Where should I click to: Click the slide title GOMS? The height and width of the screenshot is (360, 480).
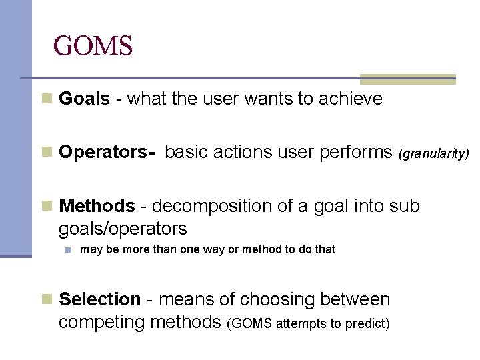(x=93, y=46)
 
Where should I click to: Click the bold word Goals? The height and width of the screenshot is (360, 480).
(x=84, y=99)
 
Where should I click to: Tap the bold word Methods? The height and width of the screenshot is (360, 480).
(x=97, y=207)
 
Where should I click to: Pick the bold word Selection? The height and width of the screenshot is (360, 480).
(x=100, y=300)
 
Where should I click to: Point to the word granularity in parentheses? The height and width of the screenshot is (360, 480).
(x=434, y=154)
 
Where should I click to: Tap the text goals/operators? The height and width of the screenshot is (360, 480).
(x=123, y=229)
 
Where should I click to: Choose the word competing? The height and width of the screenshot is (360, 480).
(x=103, y=323)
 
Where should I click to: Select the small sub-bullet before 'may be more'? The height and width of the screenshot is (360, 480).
(x=67, y=250)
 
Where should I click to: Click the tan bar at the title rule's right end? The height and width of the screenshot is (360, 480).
(x=408, y=79)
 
